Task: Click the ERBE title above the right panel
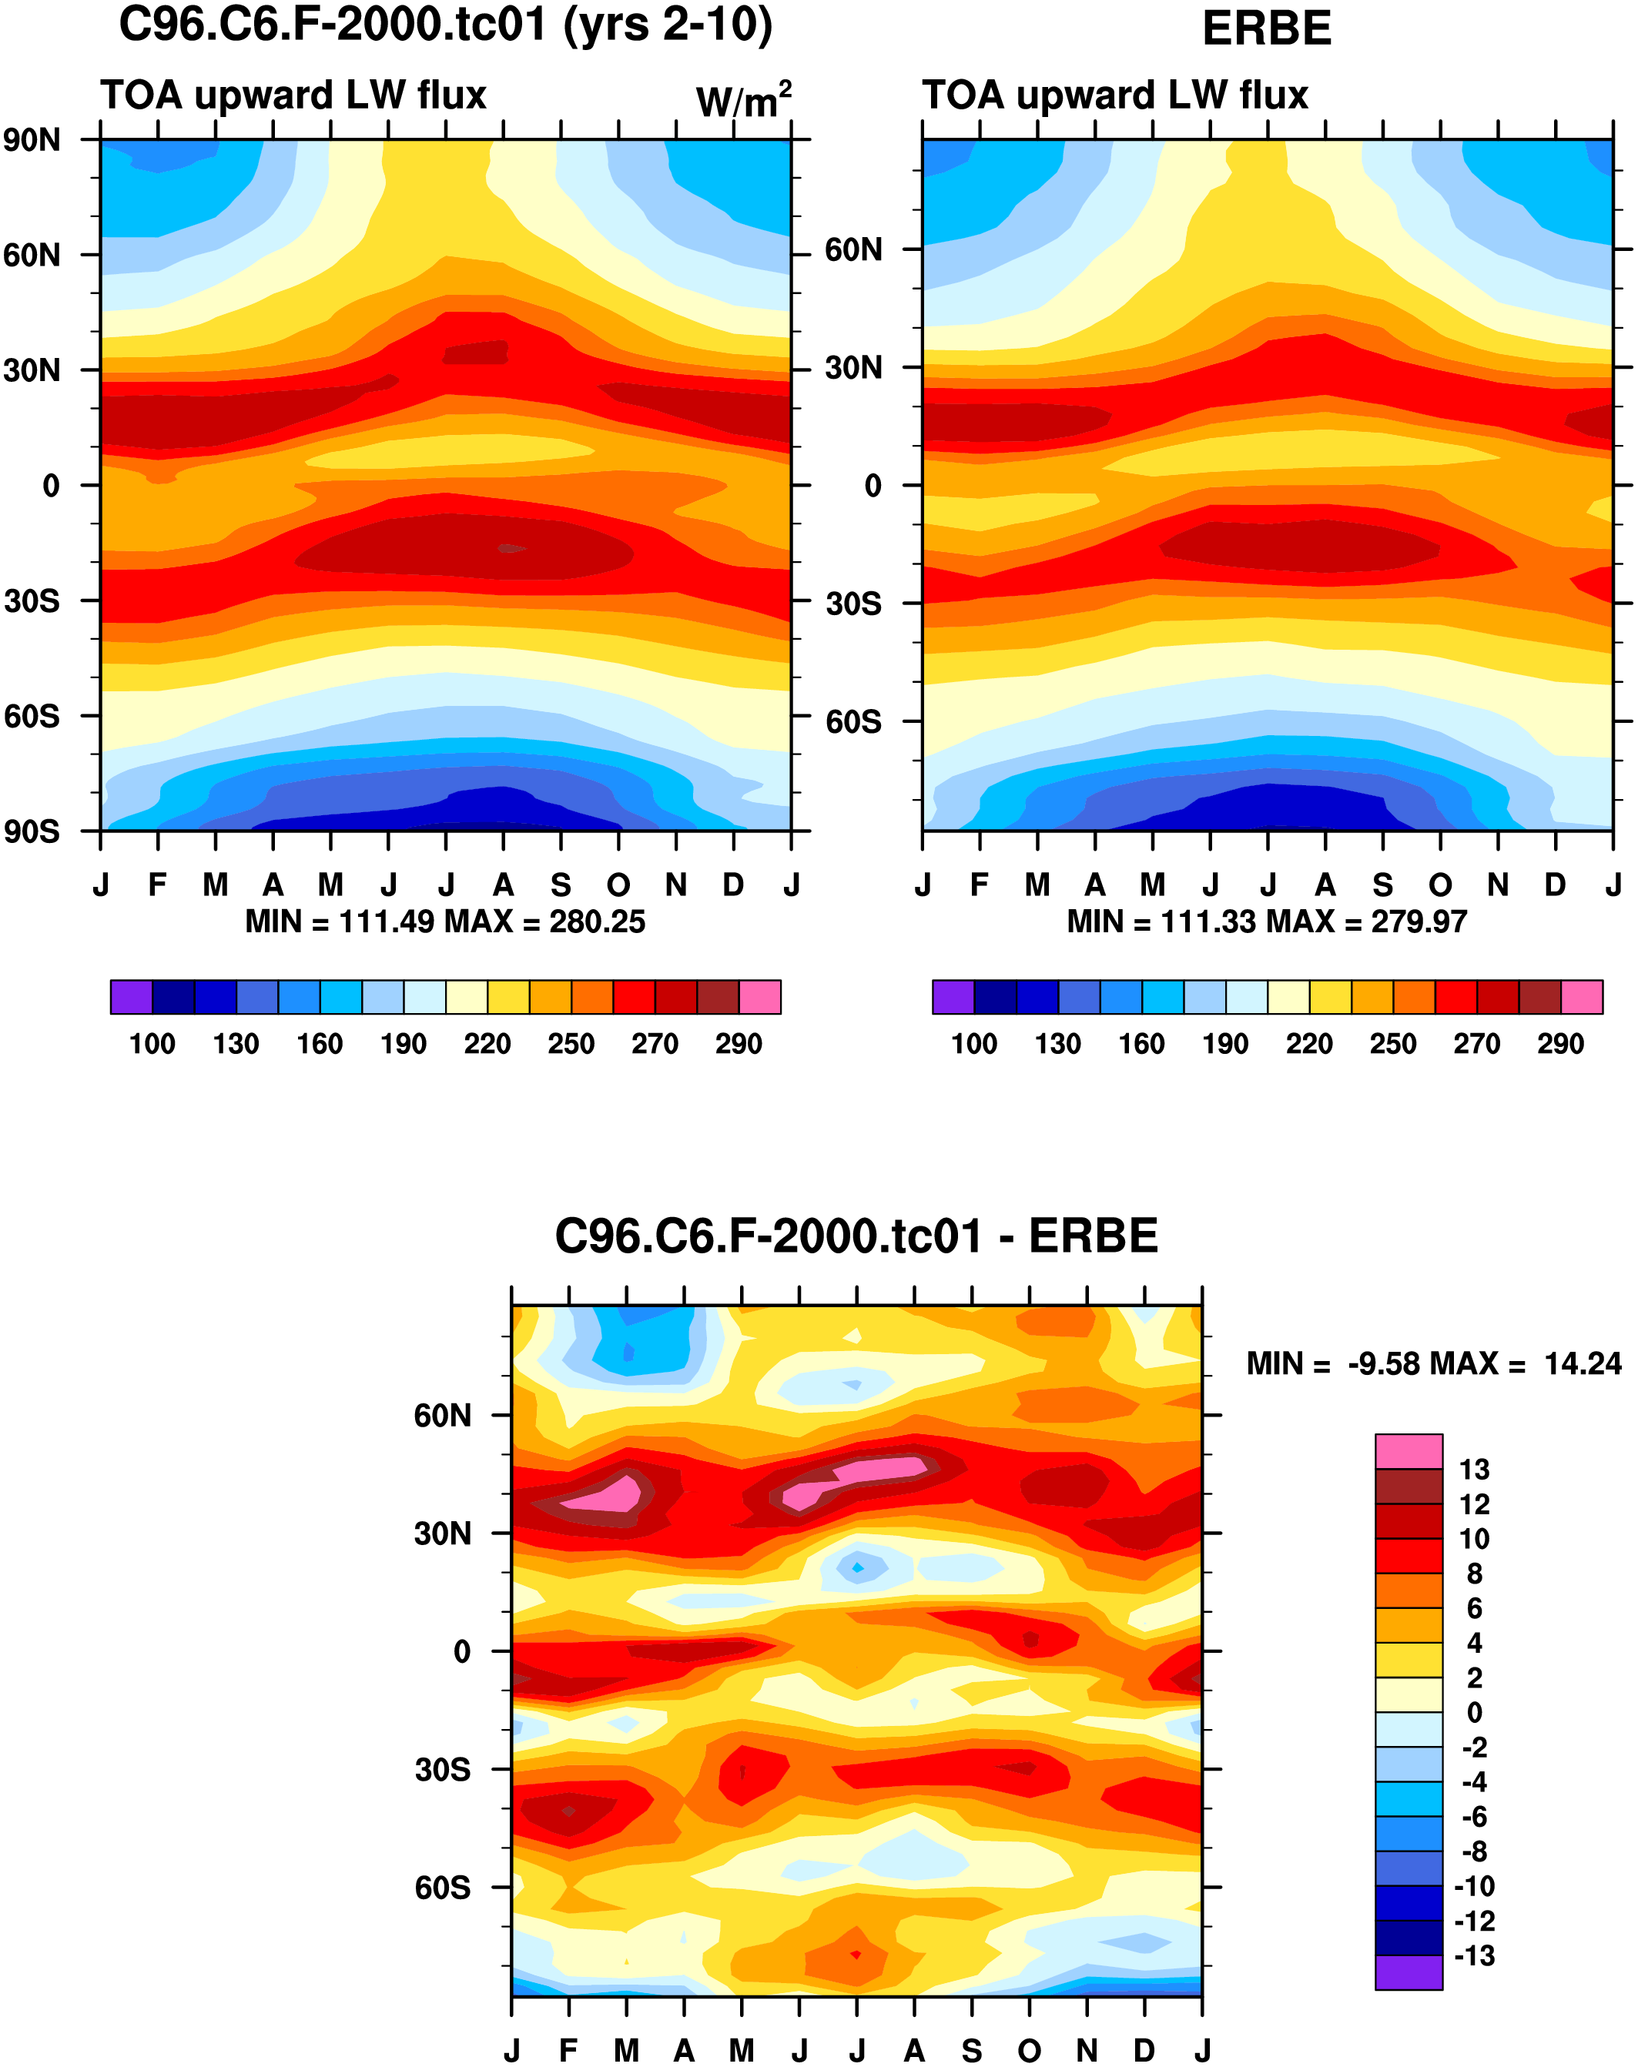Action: tap(1267, 28)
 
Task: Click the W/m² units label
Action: tap(743, 100)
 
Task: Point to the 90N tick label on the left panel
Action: tap(32, 141)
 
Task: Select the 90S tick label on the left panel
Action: tap(32, 831)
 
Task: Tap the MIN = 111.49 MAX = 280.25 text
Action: tap(445, 921)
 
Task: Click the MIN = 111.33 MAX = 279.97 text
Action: tap(1267, 921)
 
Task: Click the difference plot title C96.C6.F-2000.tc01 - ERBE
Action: tap(856, 1237)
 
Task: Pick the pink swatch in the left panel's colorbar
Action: tap(759, 997)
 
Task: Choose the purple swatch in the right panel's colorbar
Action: tap(953, 997)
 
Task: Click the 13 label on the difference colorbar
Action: tap(1474, 1470)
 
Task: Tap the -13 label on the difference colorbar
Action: tap(1474, 1956)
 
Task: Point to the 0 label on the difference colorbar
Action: tap(1474, 1712)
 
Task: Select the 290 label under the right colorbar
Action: tap(1560, 1044)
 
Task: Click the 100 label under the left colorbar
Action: tap(152, 1044)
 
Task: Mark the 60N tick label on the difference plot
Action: tap(442, 1415)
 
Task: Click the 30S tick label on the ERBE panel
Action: tap(853, 604)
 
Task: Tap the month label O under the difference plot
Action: tap(1029, 2051)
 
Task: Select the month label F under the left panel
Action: tap(158, 884)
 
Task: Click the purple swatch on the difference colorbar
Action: tap(1408, 1972)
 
